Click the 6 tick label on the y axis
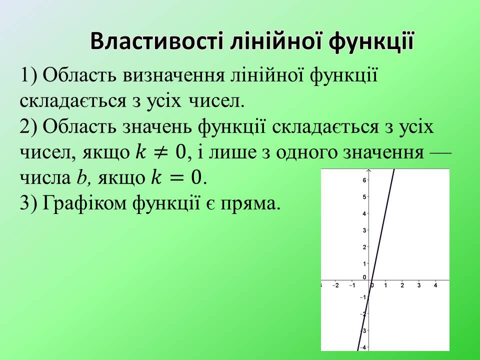(x=365, y=180)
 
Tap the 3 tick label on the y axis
(x=365, y=230)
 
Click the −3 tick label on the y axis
(x=364, y=330)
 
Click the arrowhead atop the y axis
(x=368, y=171)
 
